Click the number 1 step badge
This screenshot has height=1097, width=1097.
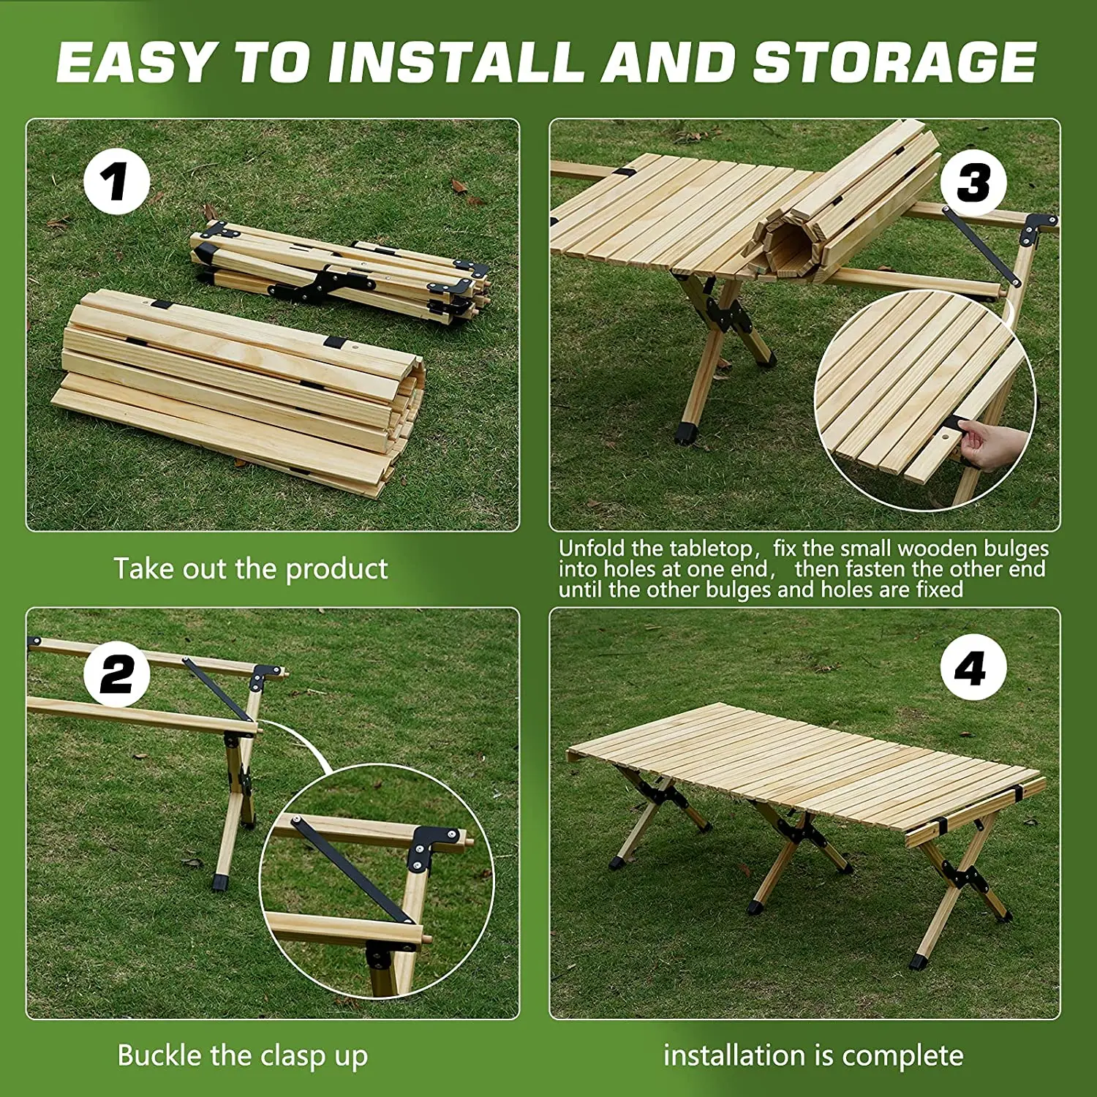(117, 181)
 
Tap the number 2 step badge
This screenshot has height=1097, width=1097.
(117, 674)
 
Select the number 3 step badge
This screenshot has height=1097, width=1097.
(973, 182)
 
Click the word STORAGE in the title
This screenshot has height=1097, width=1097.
(894, 62)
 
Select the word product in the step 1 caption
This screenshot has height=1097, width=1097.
(336, 570)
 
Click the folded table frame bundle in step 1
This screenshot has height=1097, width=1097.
(339, 271)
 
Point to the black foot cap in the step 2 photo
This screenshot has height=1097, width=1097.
(219, 881)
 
